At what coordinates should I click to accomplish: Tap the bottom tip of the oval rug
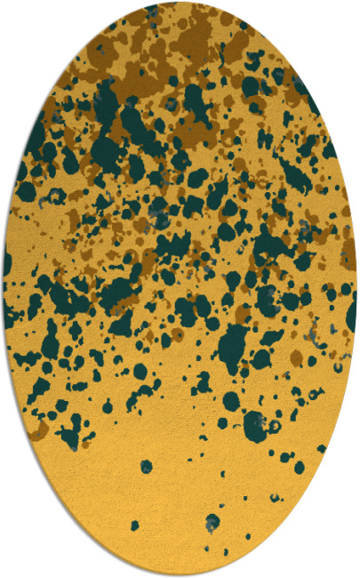click(x=180, y=574)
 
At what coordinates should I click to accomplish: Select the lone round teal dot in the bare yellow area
click(x=146, y=466)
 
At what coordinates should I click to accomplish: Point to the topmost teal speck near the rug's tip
click(x=156, y=11)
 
